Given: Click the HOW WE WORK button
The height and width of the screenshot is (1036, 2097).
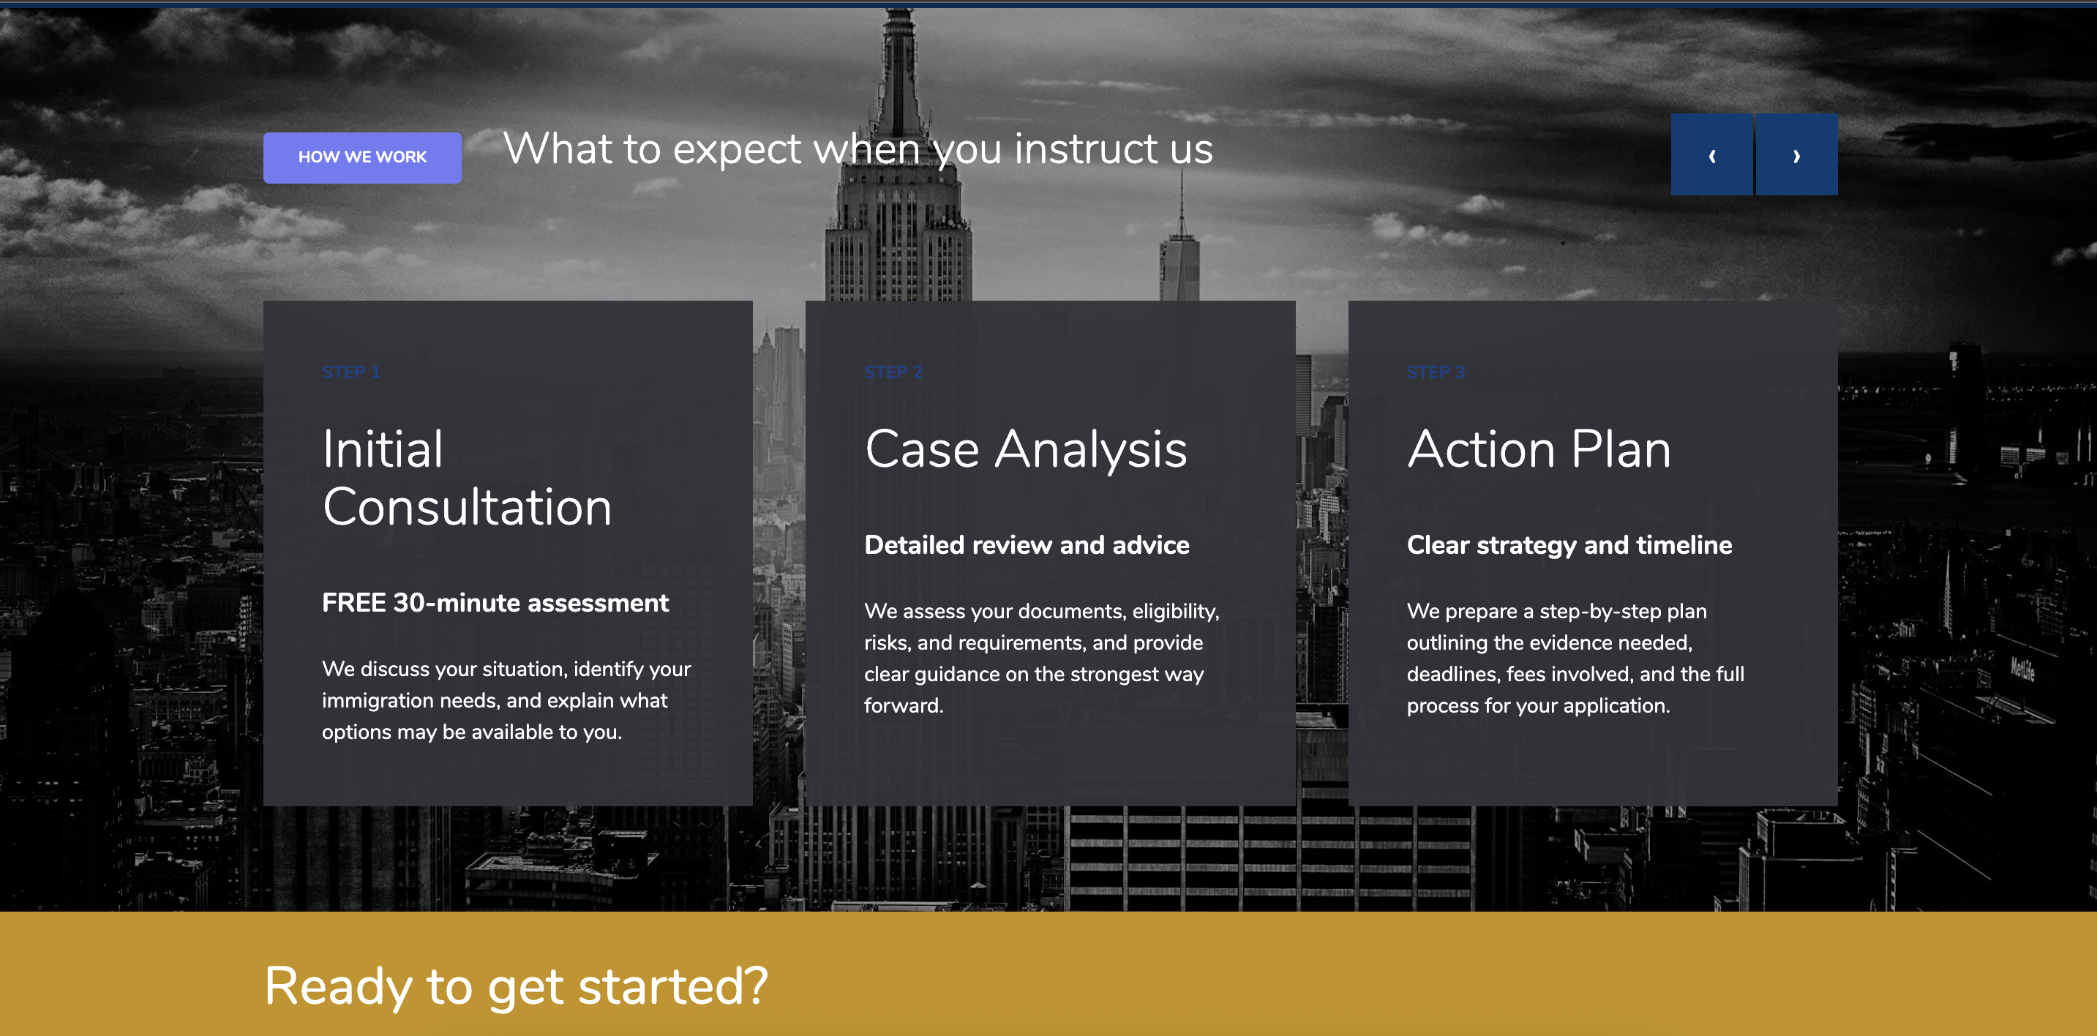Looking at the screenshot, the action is click(362, 157).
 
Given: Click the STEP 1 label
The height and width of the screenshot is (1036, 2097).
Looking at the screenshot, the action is click(351, 372).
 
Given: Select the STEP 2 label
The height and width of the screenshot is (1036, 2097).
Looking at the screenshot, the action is click(893, 372).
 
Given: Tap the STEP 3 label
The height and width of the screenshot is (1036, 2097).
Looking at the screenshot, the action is click(1436, 372).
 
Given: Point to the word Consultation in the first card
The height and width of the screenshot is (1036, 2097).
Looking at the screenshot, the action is click(467, 507).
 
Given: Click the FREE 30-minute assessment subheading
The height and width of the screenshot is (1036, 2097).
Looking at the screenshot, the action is click(495, 602).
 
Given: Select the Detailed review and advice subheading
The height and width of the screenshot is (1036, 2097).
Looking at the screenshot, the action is click(1027, 544).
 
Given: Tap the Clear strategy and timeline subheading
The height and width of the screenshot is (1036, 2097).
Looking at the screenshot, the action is click(1569, 544).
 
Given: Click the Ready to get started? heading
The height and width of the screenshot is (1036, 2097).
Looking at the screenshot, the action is click(516, 986).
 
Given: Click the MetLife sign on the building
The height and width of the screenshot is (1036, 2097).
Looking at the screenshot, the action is click(2023, 669).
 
